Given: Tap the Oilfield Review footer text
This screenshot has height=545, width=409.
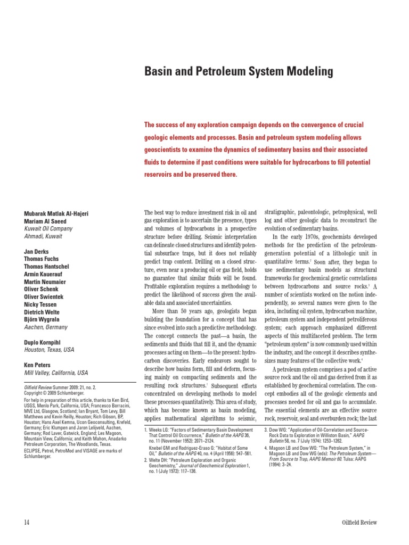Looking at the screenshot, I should click(359, 522).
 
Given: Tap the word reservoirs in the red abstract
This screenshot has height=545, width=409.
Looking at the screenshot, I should click(161, 175).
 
